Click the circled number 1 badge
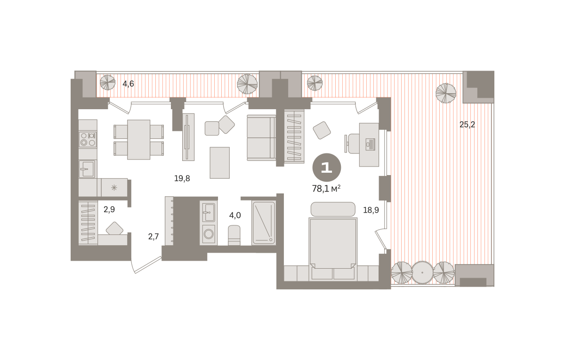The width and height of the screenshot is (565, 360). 327,168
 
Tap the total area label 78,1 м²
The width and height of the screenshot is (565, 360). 326,188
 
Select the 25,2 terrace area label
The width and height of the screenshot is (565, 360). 467,125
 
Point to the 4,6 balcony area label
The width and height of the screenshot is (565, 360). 128,84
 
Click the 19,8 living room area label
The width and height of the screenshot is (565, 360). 182,178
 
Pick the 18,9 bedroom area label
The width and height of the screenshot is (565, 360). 371,210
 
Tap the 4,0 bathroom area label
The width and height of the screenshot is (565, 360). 235,216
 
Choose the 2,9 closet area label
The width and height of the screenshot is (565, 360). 109,209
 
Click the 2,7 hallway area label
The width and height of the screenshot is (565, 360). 153,236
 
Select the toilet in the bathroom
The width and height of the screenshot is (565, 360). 234,235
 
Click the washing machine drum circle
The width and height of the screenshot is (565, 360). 209,234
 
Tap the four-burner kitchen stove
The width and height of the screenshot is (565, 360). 88,139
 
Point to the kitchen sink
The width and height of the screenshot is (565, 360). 87,169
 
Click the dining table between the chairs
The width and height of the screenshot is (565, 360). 139,140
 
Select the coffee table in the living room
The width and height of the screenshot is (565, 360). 220,163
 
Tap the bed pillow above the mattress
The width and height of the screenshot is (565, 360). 333,209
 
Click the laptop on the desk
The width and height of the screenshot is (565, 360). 370,145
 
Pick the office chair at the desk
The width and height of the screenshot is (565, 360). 352,144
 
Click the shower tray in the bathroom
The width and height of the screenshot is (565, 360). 264,223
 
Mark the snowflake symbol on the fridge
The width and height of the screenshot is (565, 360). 114,188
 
